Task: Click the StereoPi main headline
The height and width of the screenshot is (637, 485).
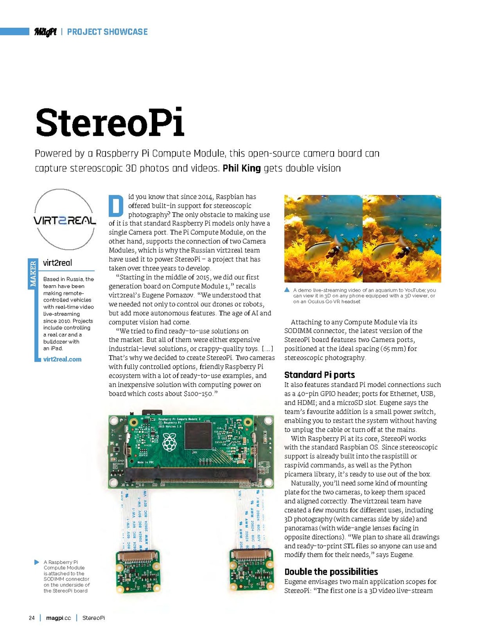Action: [110, 122]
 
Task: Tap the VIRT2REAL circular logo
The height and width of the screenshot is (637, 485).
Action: [65, 220]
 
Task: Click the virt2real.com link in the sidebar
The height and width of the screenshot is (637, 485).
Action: [62, 359]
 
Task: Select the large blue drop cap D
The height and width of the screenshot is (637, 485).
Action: [116, 206]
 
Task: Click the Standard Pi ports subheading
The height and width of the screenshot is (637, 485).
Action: [319, 375]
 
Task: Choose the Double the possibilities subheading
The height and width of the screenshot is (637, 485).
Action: [331, 572]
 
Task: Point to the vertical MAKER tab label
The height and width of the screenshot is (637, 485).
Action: [32, 274]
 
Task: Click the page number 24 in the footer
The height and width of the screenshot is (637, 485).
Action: [31, 618]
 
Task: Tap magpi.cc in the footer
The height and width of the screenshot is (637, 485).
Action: [58, 618]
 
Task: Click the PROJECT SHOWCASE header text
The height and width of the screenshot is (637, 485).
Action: [107, 32]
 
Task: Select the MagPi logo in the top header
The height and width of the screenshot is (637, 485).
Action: [45, 32]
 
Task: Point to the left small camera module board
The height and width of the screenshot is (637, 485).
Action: [138, 570]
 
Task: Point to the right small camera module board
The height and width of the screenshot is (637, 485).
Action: [251, 570]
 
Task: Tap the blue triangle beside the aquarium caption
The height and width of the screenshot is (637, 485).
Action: [287, 290]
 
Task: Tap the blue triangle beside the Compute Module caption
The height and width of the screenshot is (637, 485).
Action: [37, 562]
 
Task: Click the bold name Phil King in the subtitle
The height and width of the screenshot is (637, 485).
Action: [242, 168]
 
